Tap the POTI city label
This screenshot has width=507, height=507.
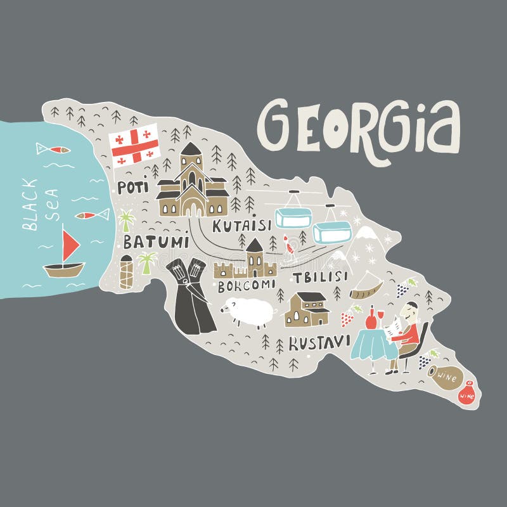tap(132, 187)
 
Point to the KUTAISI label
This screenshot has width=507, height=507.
tap(241, 225)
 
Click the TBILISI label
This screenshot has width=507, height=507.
tap(320, 276)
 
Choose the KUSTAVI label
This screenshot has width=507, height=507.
tap(319, 342)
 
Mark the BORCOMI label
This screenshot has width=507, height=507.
tap(247, 286)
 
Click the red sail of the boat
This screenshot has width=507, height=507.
tap(70, 244)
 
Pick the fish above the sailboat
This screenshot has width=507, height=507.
tap(91, 215)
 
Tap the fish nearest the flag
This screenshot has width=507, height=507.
tap(53, 150)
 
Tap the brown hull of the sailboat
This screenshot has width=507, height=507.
tap(64, 269)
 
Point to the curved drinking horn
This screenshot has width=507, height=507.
tap(366, 287)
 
